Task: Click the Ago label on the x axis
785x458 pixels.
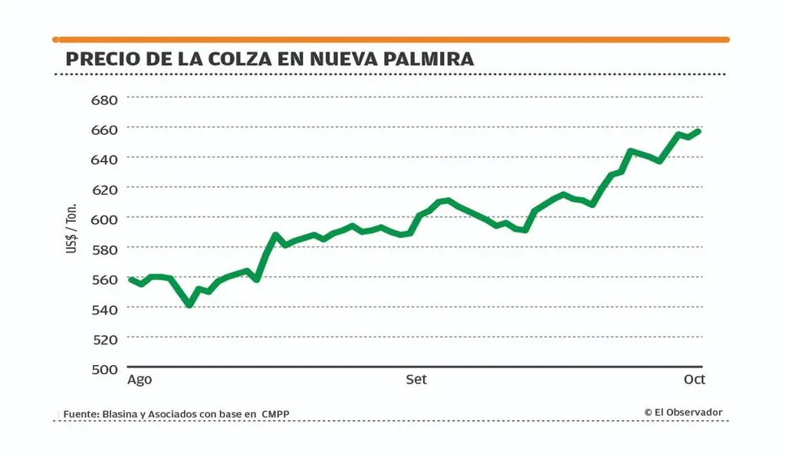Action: [140, 380]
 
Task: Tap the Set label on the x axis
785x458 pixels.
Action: [416, 380]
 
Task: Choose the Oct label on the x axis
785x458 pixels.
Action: [694, 380]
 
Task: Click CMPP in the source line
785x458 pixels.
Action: [275, 414]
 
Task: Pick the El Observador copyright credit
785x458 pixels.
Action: [683, 412]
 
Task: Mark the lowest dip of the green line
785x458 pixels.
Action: [189, 305]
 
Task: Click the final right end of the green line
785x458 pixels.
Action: [698, 131]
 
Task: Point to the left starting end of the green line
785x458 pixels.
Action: [130, 280]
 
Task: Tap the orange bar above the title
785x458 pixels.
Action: [391, 39]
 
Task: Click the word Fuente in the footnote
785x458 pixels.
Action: [80, 414]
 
